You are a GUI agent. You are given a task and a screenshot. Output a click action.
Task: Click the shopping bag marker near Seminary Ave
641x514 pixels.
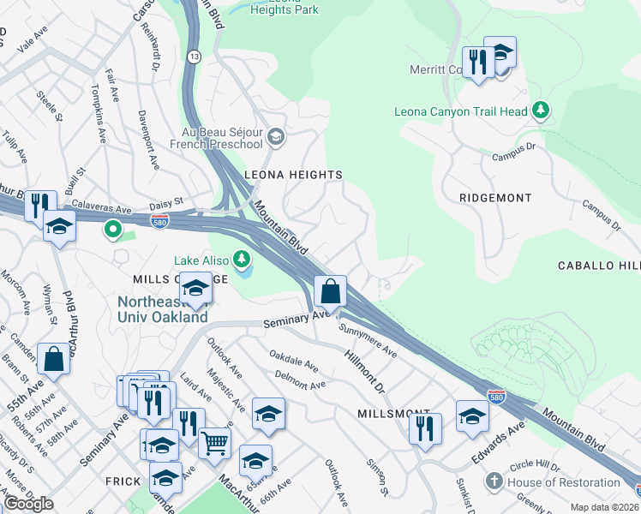tap(330, 292)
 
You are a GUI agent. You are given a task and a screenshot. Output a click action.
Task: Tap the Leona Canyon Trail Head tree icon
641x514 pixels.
tap(540, 110)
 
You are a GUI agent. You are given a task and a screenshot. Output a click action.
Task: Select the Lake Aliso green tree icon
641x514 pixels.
tap(243, 258)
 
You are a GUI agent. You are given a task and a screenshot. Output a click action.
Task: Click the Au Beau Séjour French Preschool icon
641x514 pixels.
tap(276, 136)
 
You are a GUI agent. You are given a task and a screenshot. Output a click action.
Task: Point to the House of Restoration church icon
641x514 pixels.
tap(493, 481)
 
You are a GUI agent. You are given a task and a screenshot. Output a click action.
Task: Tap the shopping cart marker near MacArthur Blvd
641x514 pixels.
tap(215, 444)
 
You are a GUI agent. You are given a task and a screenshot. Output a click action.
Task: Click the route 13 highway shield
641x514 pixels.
tap(195, 57)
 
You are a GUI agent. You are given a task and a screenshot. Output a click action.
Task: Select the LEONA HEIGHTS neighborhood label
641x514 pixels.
tap(293, 175)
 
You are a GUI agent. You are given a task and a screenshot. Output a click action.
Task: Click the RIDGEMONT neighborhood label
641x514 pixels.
tap(495, 198)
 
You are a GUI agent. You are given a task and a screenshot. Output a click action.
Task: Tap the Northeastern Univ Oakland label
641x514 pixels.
tap(162, 309)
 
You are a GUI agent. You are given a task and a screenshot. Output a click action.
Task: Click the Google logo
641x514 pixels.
tap(28, 504)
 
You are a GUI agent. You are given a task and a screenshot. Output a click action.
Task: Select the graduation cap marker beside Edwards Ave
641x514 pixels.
tap(471, 416)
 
